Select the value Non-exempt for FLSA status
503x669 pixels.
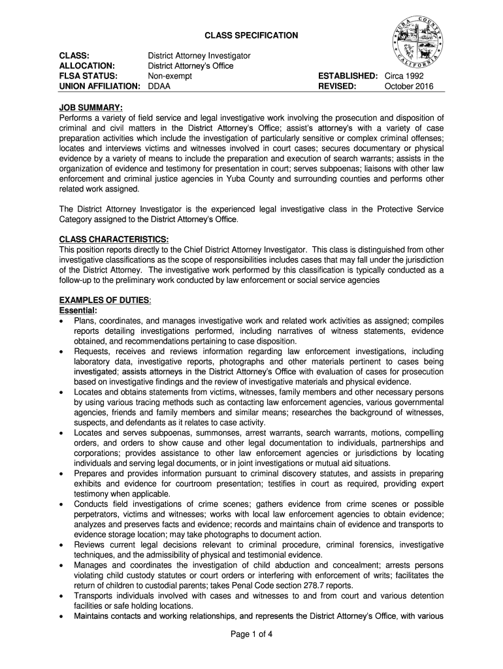[x=171, y=76]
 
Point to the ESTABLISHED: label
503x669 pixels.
[x=348, y=76]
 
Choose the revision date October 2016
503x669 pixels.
[x=409, y=86]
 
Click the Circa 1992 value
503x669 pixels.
[x=404, y=76]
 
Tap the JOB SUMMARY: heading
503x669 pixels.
[x=91, y=107]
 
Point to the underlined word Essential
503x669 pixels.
[x=78, y=310]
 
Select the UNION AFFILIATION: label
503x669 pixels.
[x=100, y=86]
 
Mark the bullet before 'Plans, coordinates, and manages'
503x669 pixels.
[x=62, y=321]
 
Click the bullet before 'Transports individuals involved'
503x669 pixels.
[x=62, y=596]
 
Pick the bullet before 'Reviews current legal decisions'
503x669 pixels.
[x=62, y=544]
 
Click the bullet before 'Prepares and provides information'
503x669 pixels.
[x=62, y=473]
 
